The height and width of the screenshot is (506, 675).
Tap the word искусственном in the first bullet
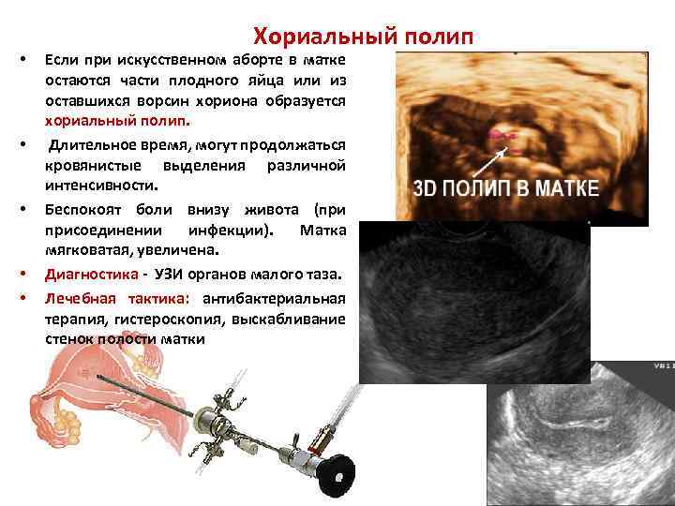pyautogui.click(x=163, y=61)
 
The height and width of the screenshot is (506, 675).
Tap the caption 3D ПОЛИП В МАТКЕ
pyautogui.click(x=505, y=187)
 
